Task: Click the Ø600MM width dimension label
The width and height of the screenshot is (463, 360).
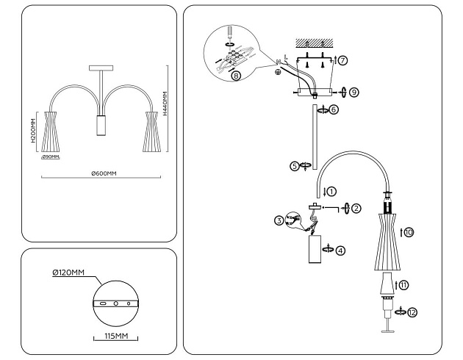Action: click(x=104, y=173)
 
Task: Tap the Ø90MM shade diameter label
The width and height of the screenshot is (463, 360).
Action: click(x=51, y=156)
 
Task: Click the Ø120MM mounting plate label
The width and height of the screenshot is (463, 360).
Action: click(x=68, y=273)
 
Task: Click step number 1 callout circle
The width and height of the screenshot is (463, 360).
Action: click(x=331, y=191)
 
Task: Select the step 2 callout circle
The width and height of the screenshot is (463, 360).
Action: click(x=356, y=208)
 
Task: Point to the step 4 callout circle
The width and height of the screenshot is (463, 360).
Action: click(x=340, y=250)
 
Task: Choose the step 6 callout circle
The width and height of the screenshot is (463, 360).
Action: click(x=334, y=109)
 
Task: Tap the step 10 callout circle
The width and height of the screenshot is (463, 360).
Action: click(x=409, y=232)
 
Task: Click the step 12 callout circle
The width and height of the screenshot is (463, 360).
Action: click(x=412, y=312)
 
